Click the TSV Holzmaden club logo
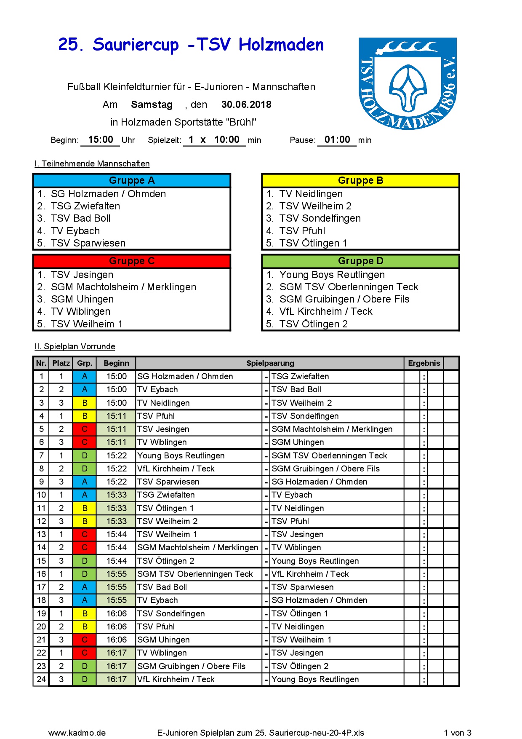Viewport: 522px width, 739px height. pos(407,83)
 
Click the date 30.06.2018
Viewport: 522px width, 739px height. pos(246,104)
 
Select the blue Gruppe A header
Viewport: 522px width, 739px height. pos(132,180)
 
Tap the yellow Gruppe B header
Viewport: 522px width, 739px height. pos(360,180)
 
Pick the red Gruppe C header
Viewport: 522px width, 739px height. pos(132,261)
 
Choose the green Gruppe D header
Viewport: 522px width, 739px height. pos(360,261)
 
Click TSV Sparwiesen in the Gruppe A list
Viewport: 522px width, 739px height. pos(88,243)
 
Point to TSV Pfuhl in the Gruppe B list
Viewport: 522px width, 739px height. pos(302,231)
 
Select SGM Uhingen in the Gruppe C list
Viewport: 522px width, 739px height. pos(82,299)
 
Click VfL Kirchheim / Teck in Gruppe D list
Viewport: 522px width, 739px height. pos(326,311)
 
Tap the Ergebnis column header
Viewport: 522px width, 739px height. pos(424,363)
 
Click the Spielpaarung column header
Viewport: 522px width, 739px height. pos(270,363)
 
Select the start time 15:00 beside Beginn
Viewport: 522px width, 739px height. pos(101,139)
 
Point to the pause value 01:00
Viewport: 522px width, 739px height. pos(337,139)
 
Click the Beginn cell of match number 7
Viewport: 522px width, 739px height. pos(116,455)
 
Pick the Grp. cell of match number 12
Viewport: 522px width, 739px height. pos(85,521)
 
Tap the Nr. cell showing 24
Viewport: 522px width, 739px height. pos(41,679)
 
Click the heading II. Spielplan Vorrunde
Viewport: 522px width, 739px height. pos(75,346)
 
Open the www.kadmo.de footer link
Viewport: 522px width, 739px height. pos(77,733)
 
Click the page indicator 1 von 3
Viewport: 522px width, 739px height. pos(458,733)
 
